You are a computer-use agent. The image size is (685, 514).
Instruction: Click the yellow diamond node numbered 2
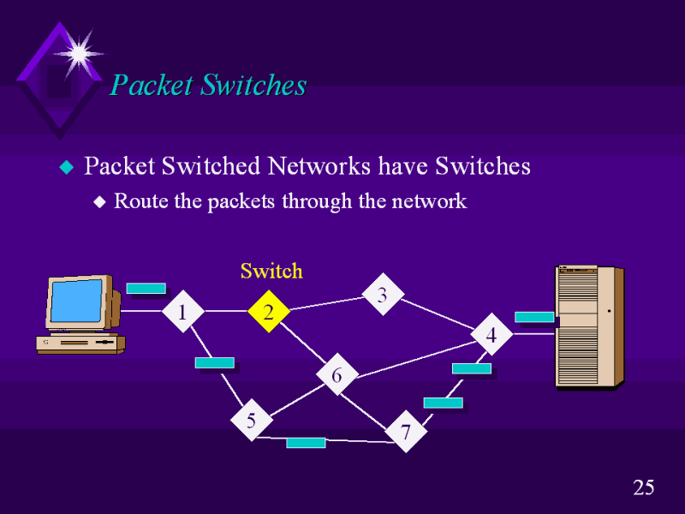[269, 313]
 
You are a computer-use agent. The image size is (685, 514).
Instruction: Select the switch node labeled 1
[182, 313]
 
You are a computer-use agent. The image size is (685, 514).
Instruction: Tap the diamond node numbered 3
[383, 296]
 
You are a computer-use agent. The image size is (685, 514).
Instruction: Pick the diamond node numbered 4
[491, 335]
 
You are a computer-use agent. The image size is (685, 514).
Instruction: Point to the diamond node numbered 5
[251, 420]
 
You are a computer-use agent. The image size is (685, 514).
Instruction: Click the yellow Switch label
[271, 272]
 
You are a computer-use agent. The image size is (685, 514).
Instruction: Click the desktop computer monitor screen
[76, 301]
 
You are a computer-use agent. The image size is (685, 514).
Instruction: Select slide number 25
[644, 488]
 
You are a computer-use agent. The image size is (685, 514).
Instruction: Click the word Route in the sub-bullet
[137, 201]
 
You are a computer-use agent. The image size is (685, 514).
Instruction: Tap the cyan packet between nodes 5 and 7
[306, 442]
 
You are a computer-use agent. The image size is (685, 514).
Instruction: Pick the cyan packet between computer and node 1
[146, 288]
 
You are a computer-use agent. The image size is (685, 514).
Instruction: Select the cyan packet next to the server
[534, 316]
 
